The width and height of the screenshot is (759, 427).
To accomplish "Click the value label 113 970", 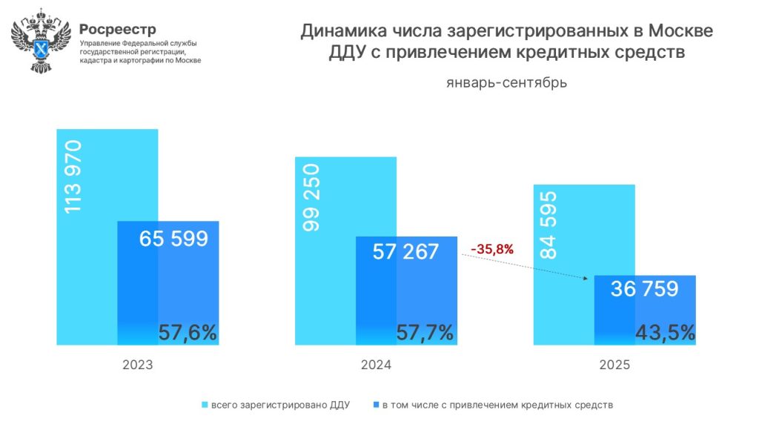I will pyautogui.click(x=73, y=177).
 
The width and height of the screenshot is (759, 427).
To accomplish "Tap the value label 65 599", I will pyautogui.click(x=173, y=239).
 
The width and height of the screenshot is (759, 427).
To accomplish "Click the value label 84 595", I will pyautogui.click(x=549, y=225).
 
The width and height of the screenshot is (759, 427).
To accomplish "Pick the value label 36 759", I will pyautogui.click(x=644, y=289).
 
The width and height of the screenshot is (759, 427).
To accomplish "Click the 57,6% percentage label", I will pyautogui.click(x=188, y=333).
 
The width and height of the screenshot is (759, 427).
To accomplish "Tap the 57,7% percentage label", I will pyautogui.click(x=425, y=333).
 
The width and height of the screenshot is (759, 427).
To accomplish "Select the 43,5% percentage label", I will pyautogui.click(x=665, y=333).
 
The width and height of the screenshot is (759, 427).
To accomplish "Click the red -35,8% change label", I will pyautogui.click(x=492, y=248).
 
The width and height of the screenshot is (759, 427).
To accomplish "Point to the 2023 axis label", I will pyautogui.click(x=138, y=365).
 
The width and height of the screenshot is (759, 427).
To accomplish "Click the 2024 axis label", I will pyautogui.click(x=376, y=365).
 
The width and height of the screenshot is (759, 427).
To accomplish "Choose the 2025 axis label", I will pyautogui.click(x=614, y=365).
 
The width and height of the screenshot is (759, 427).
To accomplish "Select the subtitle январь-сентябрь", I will pyautogui.click(x=507, y=82).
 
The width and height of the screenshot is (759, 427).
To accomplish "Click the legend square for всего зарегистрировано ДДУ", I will pyautogui.click(x=205, y=405).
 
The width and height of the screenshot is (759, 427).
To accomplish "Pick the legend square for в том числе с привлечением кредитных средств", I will pyautogui.click(x=376, y=405).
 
